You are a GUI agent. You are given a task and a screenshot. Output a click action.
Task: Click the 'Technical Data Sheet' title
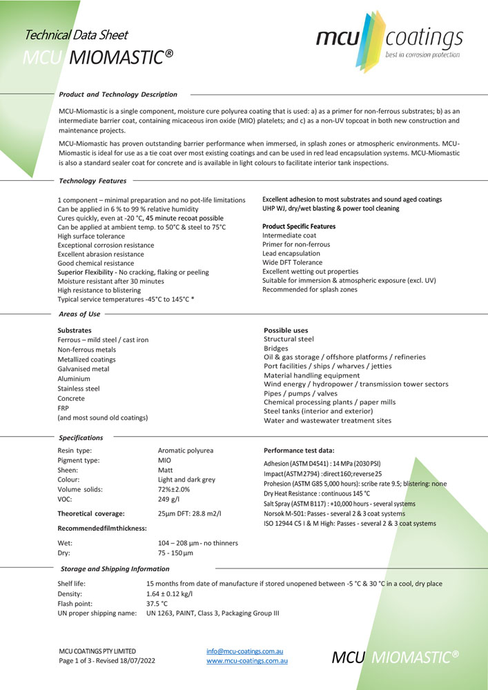pyautogui.click(x=76, y=34)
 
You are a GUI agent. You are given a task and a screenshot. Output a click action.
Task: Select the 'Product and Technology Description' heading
pyautogui.click(x=118, y=94)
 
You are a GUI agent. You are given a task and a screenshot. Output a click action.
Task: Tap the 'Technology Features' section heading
pyautogui.click(x=93, y=181)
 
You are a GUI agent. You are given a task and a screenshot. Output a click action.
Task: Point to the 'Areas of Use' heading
pyautogui.click(x=80, y=314)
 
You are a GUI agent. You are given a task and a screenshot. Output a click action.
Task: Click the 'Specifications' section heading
pyautogui.click(x=81, y=437)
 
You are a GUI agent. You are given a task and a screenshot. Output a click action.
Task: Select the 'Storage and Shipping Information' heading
pyautogui.click(x=115, y=569)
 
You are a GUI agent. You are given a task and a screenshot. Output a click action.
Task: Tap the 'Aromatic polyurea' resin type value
pyautogui.click(x=186, y=450)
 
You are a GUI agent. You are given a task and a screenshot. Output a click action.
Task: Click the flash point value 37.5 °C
pyautogui.click(x=157, y=602)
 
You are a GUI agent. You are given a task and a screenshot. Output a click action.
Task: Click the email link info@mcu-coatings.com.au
pyautogui.click(x=245, y=651)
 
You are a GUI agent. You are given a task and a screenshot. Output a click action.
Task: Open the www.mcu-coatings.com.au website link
pyautogui.click(x=246, y=660)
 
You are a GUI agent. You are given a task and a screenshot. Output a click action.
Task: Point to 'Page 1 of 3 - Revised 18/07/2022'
pyautogui.click(x=107, y=660)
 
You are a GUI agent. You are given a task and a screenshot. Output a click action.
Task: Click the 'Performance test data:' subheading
pyautogui.click(x=299, y=449)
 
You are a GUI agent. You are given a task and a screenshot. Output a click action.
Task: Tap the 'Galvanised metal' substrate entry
pyautogui.click(x=83, y=369)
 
